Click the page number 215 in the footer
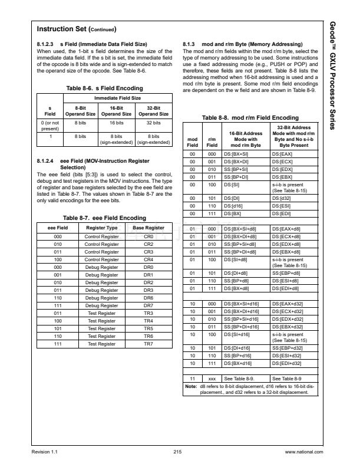click(177, 452)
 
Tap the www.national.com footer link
click(304, 452)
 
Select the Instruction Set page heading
click(76, 29)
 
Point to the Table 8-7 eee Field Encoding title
click(102, 217)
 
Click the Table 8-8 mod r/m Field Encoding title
click(248, 118)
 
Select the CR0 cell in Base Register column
click(148, 236)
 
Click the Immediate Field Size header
click(118, 97)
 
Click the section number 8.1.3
click(193, 45)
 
